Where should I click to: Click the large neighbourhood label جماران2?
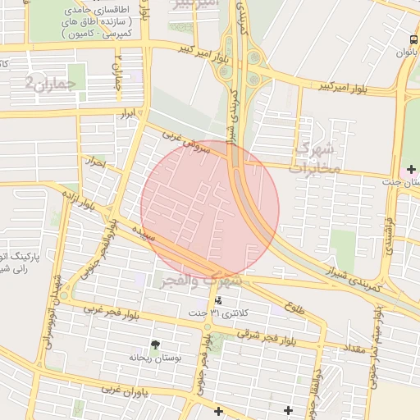[55, 81]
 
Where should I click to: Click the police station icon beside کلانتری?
[217, 300]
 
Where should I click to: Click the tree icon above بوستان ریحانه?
[155, 345]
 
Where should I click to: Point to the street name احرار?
[98, 162]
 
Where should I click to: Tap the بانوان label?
[407, 52]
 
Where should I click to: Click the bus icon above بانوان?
[412, 39]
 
